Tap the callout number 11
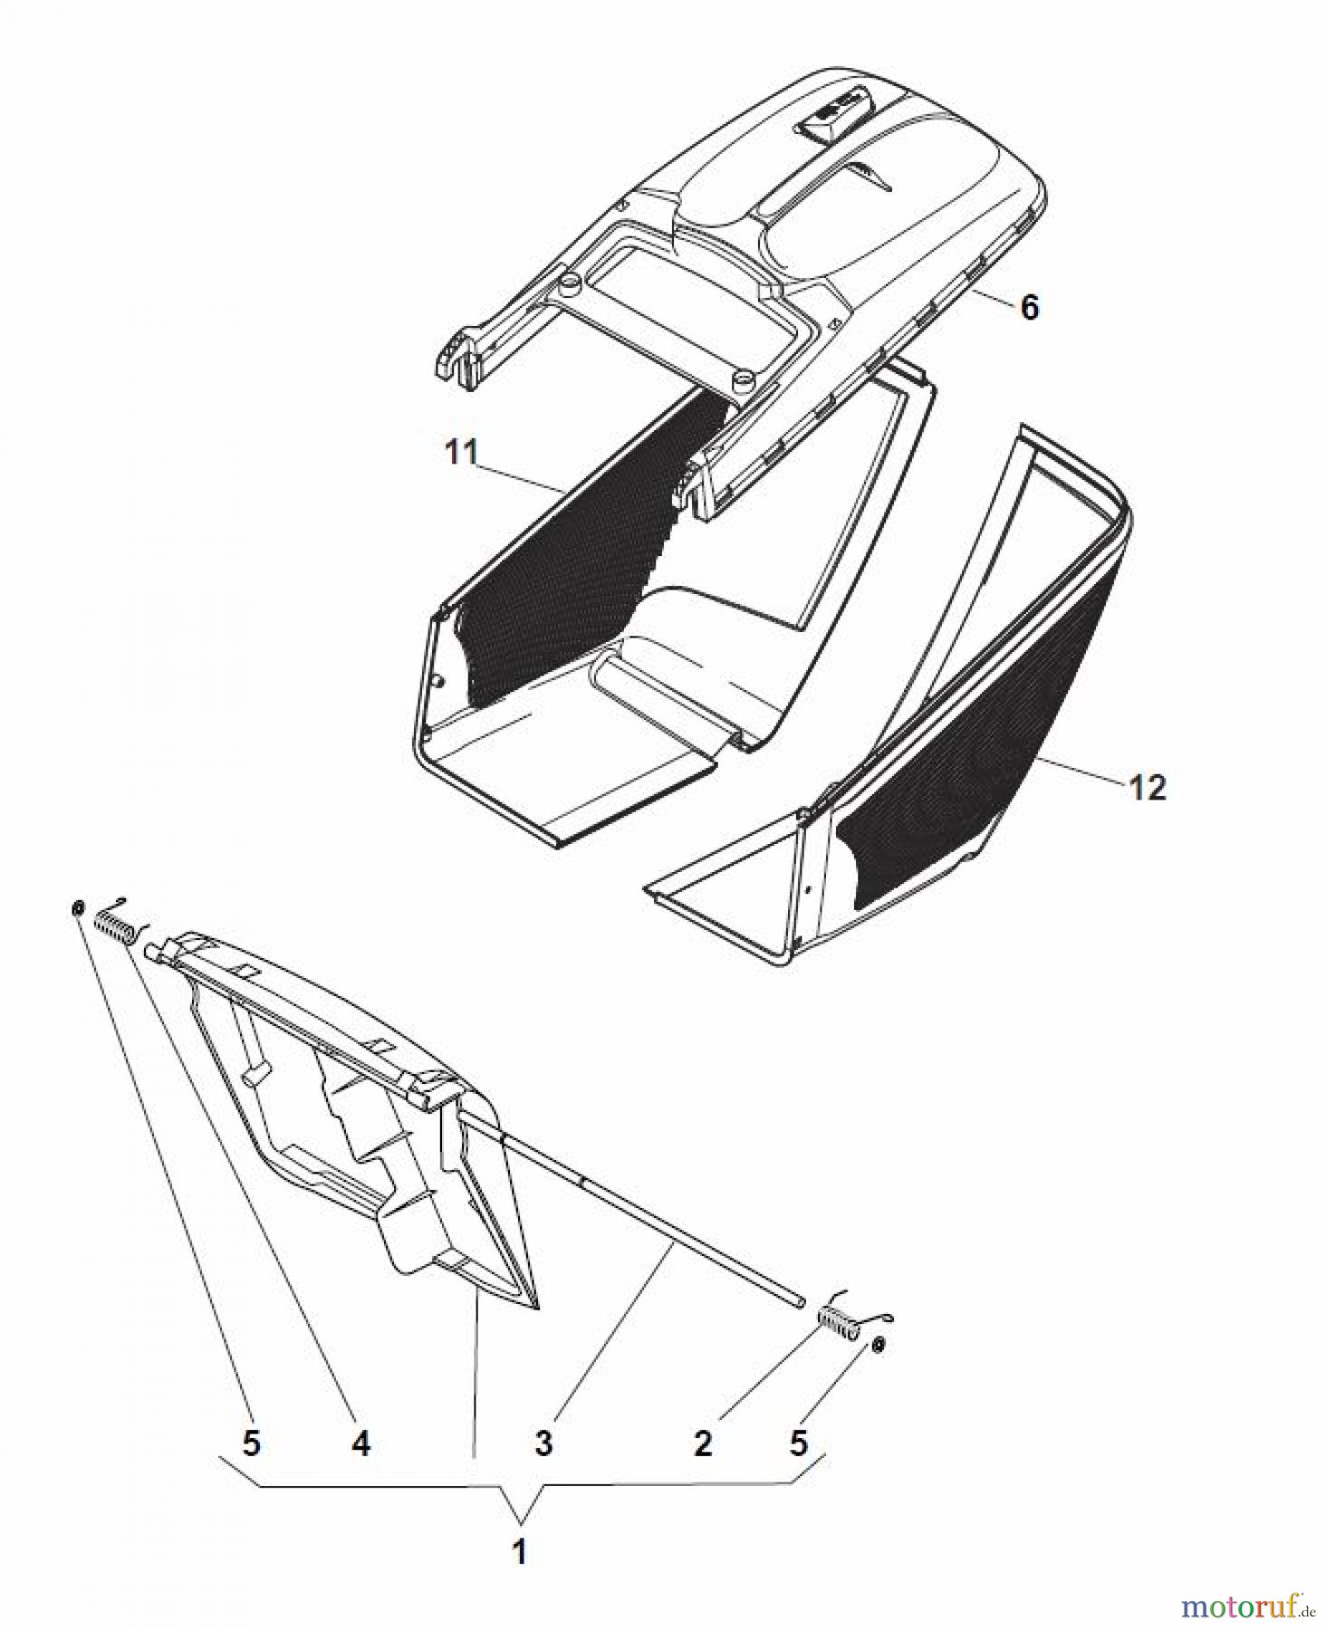point(462,453)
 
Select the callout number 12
point(1148,787)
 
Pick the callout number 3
point(543,1443)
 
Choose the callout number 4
point(360,1443)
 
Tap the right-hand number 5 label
point(798,1443)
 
